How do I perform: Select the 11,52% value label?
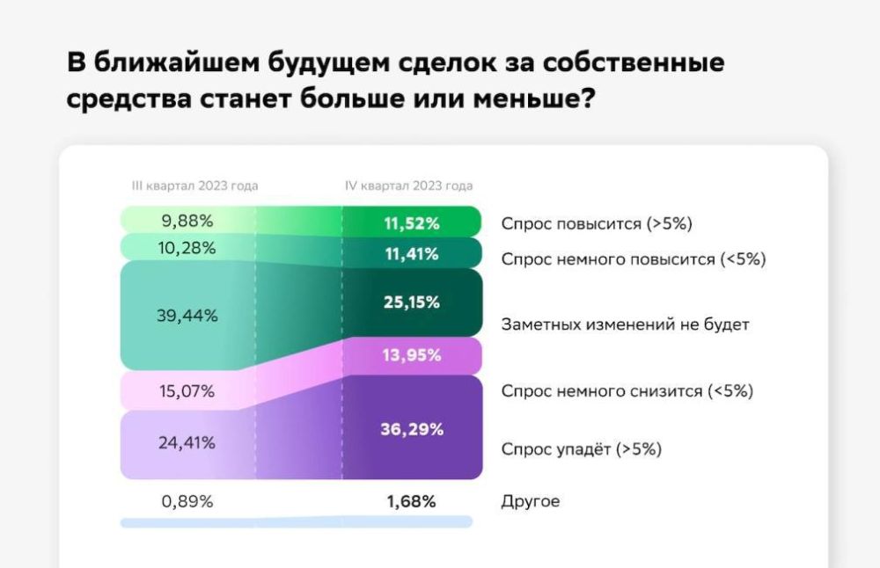412,223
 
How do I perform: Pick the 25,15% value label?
412,302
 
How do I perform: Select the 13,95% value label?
412,356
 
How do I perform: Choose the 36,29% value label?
412,430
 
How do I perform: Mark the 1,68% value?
412,502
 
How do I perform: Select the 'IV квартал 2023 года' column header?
408,186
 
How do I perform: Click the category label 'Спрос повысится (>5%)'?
597,223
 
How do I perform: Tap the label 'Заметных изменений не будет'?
625,324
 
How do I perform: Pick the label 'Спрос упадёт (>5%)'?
581,449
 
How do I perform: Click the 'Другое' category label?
531,502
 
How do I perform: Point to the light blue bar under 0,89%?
296,522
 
